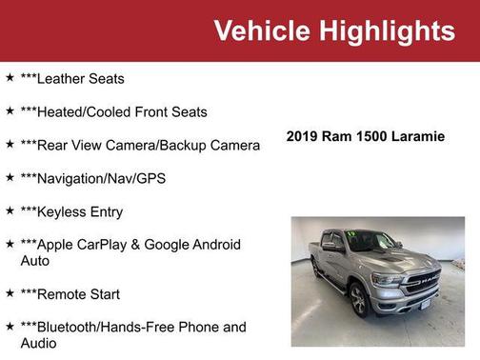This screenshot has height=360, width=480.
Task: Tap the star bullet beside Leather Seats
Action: (x=10, y=77)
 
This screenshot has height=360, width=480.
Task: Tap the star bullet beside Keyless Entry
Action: (x=10, y=210)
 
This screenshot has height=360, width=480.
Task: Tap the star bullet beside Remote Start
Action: (x=10, y=293)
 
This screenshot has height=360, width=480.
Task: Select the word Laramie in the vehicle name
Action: (x=415, y=136)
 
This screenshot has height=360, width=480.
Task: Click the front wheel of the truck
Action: (x=358, y=301)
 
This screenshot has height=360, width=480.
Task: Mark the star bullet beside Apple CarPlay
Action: (x=10, y=244)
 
